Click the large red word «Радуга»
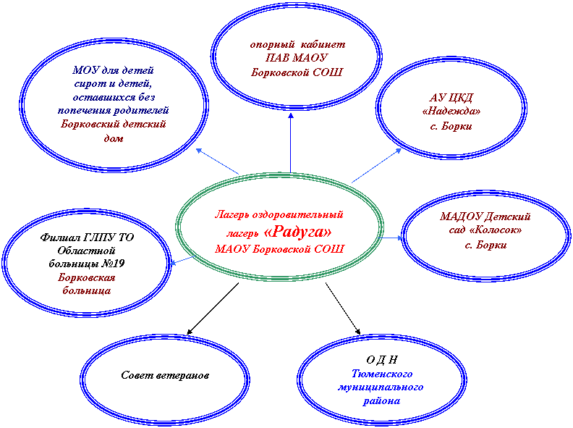[298, 232]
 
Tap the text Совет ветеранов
[165, 375]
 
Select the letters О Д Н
[381, 360]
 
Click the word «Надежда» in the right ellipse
[451, 111]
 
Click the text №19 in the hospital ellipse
[114, 264]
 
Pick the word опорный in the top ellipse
[272, 45]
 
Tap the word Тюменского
[382, 374]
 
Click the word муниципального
[381, 387]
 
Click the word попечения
[84, 111]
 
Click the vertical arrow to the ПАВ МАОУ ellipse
[291, 143]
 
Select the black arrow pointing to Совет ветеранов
[213, 309]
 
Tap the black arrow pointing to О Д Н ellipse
[343, 309]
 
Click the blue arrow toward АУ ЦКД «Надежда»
[376, 165]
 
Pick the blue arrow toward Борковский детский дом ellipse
[218, 161]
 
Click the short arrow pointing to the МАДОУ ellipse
[390, 238]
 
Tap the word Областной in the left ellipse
[86, 251]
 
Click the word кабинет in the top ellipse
[323, 45]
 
